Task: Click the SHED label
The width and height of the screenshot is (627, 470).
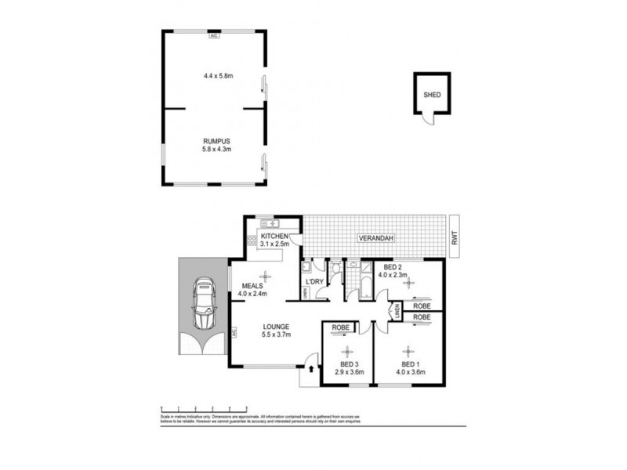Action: click(x=432, y=95)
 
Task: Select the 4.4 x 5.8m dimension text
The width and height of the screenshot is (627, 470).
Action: click(x=214, y=76)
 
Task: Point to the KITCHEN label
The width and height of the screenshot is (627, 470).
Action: click(x=275, y=237)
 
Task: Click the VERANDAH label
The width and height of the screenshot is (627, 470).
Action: click(x=377, y=237)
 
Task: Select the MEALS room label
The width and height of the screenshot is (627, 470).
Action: click(x=253, y=286)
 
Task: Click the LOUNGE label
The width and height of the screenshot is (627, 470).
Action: click(x=276, y=327)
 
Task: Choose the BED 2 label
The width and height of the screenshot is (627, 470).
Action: click(x=390, y=267)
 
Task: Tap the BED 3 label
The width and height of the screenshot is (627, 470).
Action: click(x=350, y=364)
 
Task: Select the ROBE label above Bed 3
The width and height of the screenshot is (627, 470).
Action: click(x=341, y=327)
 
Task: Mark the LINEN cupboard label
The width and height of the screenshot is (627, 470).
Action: click(x=397, y=312)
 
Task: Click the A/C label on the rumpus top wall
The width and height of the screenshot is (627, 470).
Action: click(x=214, y=35)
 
